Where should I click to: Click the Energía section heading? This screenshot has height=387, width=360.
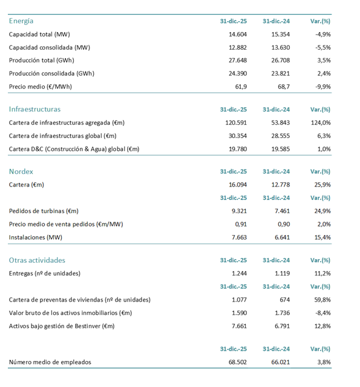21,21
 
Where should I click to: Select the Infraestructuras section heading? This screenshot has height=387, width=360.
34,110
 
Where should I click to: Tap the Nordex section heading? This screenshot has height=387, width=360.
21,171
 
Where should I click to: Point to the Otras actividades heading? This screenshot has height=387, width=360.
37,260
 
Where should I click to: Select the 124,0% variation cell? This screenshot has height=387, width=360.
321,122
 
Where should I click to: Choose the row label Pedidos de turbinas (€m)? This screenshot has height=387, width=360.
44,211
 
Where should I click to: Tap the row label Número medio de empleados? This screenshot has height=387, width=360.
50,362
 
